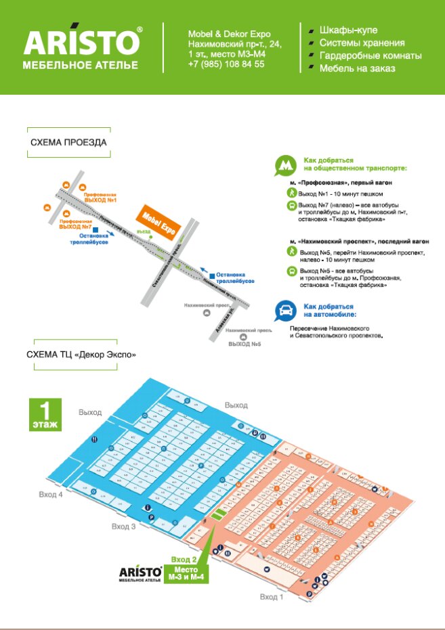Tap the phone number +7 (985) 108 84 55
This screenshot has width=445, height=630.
coord(226,64)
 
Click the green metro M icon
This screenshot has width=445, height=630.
coord(285,165)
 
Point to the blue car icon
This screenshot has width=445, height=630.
coord(285,311)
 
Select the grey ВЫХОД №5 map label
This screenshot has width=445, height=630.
coord(245,344)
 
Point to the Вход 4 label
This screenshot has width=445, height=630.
coord(51,495)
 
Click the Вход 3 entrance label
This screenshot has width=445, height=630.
coord(124,526)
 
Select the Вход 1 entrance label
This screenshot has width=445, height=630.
coord(272,596)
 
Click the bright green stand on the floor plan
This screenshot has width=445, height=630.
coord(217,515)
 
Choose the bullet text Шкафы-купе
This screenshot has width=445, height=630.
coord(348,30)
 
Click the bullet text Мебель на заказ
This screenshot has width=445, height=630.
coord(358,68)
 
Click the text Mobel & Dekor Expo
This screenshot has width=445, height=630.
coord(229,34)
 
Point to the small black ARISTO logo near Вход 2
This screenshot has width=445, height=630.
coord(140,573)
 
